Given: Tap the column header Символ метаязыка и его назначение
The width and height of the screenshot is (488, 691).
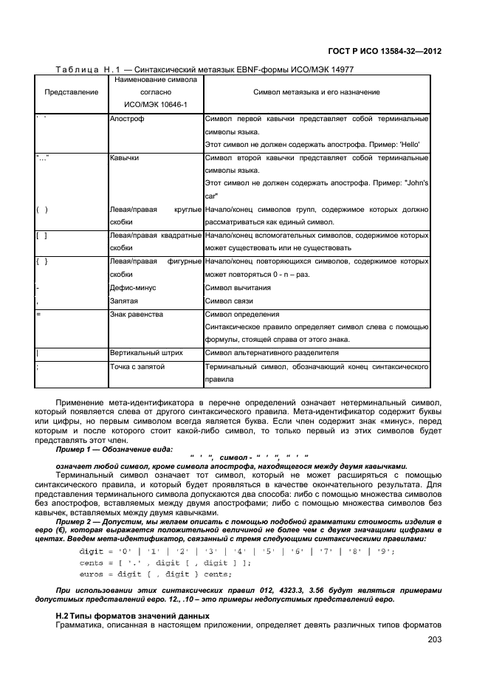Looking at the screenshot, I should pos(316,92).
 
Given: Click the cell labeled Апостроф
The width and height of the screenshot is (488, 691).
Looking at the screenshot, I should pos(127,118).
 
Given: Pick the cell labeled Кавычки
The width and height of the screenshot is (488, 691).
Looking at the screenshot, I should pos(124,157).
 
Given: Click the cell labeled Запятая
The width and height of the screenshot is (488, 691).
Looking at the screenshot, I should pos(124,300).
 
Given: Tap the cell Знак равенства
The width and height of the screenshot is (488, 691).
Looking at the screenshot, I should pos(137,314).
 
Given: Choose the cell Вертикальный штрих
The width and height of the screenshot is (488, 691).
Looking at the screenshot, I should pos(145,353).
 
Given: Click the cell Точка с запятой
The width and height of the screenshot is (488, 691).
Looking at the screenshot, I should pos(137,366).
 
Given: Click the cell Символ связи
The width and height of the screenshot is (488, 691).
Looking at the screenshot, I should pos(229,300).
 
